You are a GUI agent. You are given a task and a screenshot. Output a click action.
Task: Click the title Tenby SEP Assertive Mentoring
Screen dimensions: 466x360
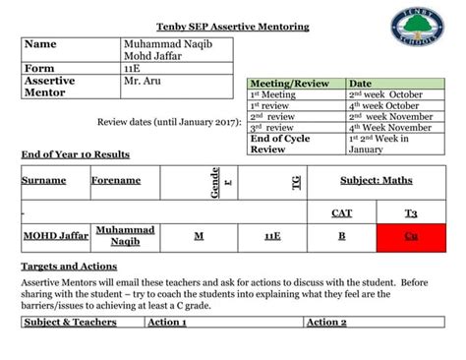[233, 26]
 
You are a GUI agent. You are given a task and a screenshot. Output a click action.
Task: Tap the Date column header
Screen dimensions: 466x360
[361, 84]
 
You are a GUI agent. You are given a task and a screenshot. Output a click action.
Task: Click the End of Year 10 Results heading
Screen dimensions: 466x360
[76, 154]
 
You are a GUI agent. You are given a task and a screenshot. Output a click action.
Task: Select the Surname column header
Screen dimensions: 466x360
[44, 181]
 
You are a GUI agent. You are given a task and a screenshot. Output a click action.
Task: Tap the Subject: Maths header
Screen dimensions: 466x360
[377, 181]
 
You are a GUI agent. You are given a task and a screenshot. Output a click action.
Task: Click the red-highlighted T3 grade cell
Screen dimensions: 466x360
[411, 237]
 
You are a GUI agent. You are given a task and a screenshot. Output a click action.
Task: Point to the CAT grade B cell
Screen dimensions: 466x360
[341, 237]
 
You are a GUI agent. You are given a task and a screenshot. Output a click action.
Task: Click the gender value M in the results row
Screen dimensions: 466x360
[199, 237]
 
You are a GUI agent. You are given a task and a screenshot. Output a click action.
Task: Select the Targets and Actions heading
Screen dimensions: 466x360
[69, 266]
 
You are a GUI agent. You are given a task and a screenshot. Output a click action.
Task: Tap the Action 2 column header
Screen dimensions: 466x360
[326, 322]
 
